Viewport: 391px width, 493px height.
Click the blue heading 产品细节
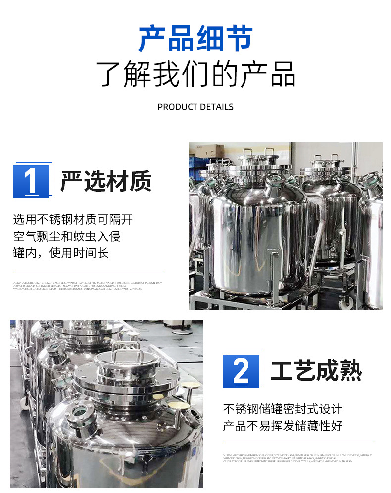coord(195,38)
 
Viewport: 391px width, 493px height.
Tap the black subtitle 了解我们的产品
coord(195,74)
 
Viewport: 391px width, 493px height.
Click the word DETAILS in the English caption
coord(217,107)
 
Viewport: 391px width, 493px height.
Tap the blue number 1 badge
coord(31,182)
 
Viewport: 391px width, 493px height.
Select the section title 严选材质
coord(106,182)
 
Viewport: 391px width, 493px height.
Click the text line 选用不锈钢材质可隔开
coord(73,219)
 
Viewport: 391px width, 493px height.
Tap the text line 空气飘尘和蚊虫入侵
coord(67,236)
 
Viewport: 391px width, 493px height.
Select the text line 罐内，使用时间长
coord(61,253)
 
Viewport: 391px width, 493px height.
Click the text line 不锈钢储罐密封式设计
coord(283,409)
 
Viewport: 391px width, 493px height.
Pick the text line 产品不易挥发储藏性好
coord(283,426)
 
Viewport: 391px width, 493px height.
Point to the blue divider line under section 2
coord(299,443)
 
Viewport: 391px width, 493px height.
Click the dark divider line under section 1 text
coord(89,270)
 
